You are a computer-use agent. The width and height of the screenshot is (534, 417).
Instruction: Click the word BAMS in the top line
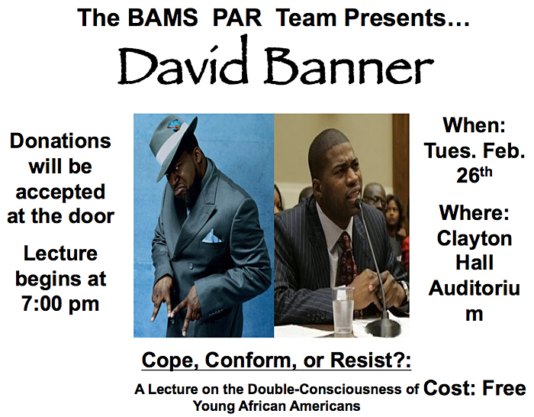[x=163, y=17]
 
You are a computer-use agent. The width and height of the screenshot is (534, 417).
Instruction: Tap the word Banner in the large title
[x=349, y=66]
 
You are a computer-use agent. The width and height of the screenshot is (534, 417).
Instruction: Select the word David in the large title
[x=182, y=61]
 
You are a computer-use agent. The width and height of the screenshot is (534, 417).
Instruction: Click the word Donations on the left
[x=60, y=141]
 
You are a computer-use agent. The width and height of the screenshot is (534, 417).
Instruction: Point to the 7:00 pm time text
[x=60, y=303]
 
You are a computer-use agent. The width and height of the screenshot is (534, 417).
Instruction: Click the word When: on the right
[x=474, y=124]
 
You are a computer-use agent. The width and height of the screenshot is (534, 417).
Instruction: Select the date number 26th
[x=474, y=175]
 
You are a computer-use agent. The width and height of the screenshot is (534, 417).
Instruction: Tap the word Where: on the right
[x=474, y=212]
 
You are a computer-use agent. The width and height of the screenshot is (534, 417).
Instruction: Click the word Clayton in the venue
[x=474, y=239]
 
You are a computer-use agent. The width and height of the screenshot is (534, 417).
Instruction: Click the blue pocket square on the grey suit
[x=211, y=237]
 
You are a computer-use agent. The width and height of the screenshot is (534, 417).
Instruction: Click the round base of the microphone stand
[x=382, y=329]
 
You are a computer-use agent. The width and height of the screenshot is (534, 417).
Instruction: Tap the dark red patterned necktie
[x=346, y=259]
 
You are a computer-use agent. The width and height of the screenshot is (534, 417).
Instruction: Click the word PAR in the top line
[x=237, y=17]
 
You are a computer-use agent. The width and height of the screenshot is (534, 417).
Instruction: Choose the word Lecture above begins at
[x=60, y=254]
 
